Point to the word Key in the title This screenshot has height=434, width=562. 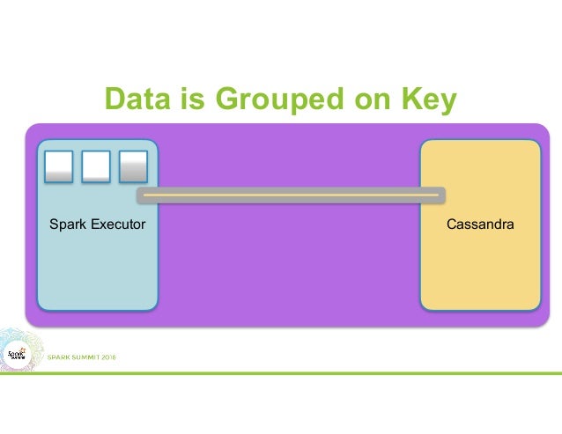point(426,101)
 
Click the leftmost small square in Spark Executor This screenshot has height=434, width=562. point(58,166)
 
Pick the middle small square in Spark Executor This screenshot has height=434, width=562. point(95,166)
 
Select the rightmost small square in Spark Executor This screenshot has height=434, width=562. point(133,166)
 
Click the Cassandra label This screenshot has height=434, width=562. point(480,225)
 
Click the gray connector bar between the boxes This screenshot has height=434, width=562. point(291,195)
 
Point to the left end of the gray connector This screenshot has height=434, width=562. point(140,195)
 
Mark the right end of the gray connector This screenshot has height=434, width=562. point(440,195)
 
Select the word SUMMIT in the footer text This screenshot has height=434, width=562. point(80,357)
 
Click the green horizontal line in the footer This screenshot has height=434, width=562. point(352,372)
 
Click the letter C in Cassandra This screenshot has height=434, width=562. point(451,225)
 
